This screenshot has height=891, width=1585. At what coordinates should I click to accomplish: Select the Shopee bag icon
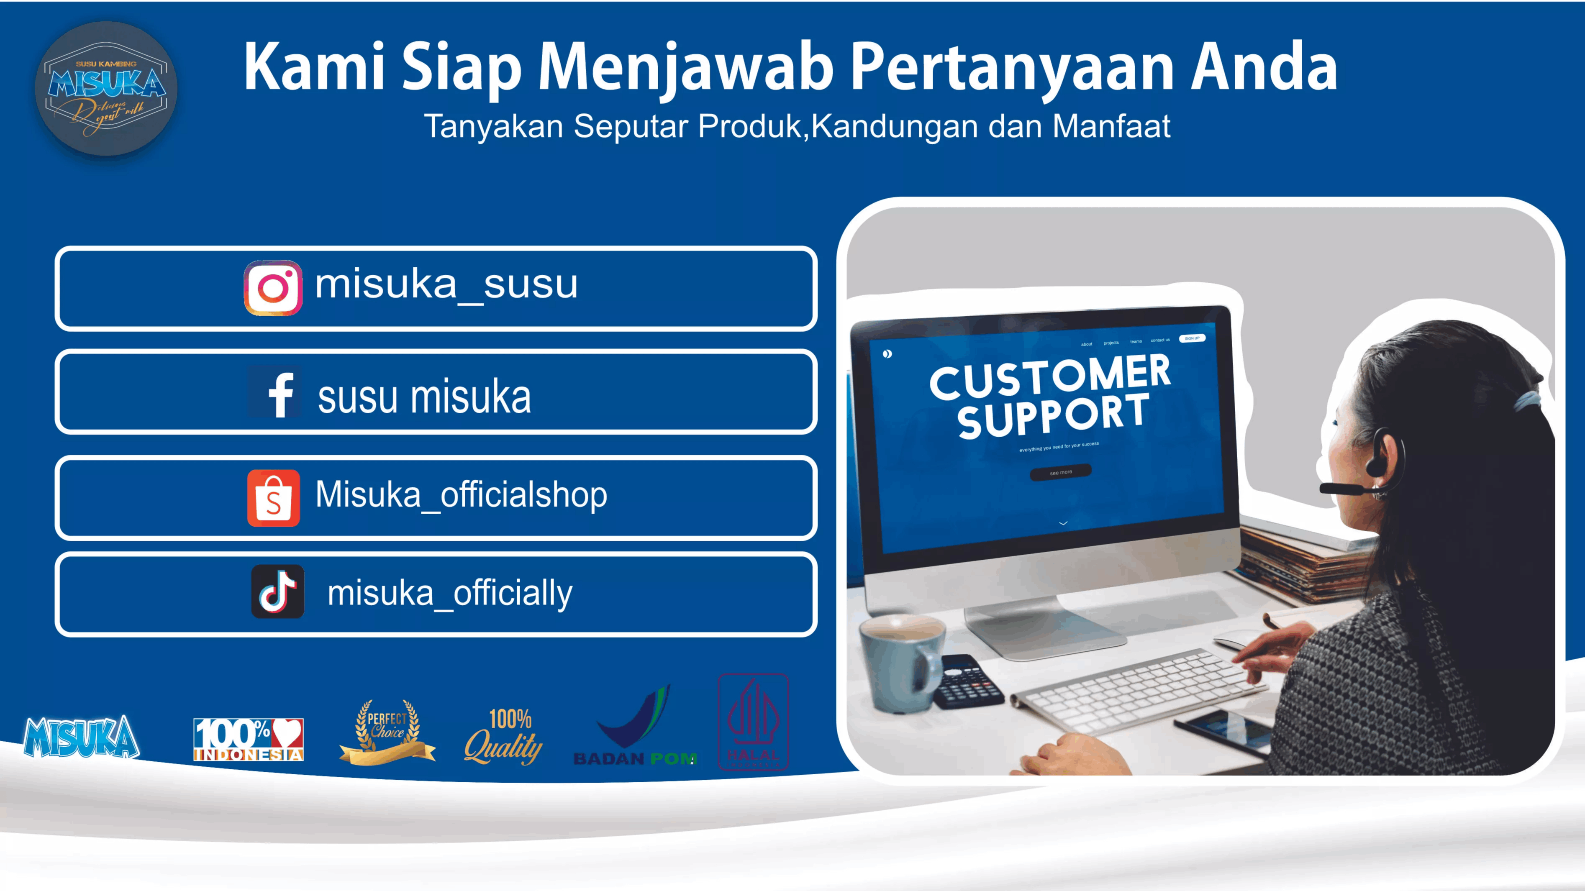273,499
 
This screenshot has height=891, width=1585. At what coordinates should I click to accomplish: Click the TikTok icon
277,591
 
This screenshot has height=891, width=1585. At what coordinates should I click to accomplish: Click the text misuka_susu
446,285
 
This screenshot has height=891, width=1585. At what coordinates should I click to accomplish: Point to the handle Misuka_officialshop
461,495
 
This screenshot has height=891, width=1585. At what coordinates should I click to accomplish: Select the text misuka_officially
450,593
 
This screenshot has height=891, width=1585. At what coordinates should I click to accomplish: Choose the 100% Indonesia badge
248,739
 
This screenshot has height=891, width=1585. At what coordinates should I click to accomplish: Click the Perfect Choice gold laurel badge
387,732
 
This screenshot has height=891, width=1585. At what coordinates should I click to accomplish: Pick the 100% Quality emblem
504,737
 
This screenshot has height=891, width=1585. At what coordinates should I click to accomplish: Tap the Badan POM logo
635,729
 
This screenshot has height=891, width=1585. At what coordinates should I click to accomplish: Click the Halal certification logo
753,722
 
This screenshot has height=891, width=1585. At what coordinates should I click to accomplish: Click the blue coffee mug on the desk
900,661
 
